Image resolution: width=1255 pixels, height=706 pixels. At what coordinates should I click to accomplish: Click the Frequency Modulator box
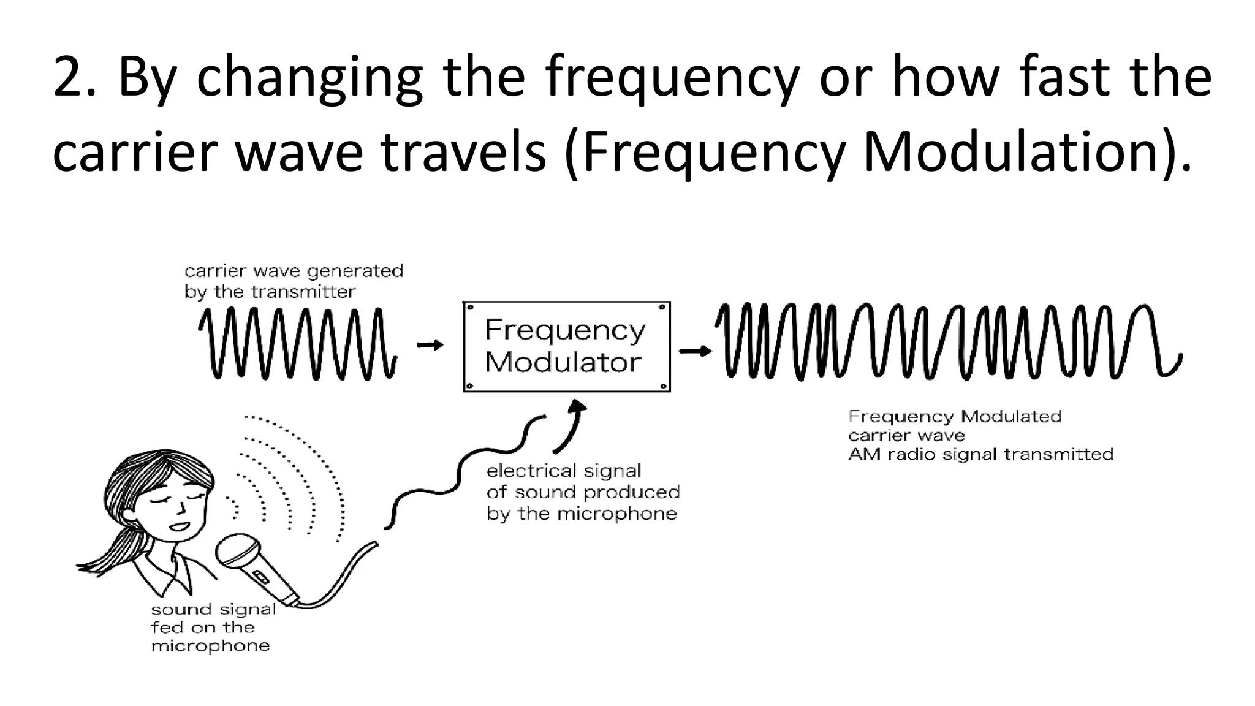pos(566,347)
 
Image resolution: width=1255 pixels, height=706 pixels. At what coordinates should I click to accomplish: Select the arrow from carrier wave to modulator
pos(430,345)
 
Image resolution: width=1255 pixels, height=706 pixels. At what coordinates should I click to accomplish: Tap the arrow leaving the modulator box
pos(695,351)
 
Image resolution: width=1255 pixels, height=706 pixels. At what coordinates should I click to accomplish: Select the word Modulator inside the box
pos(563,362)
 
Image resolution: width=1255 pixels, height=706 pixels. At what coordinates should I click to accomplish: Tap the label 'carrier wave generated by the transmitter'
pos(294,281)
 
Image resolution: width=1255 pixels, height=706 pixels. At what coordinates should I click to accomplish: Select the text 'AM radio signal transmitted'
pos(980,455)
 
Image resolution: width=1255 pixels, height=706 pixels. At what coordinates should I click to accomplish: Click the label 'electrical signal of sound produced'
pos(582,482)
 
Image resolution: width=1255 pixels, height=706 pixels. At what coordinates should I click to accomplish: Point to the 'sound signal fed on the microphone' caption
pos(212,628)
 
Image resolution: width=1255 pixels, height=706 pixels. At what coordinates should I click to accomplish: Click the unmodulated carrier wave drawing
pos(298,344)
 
